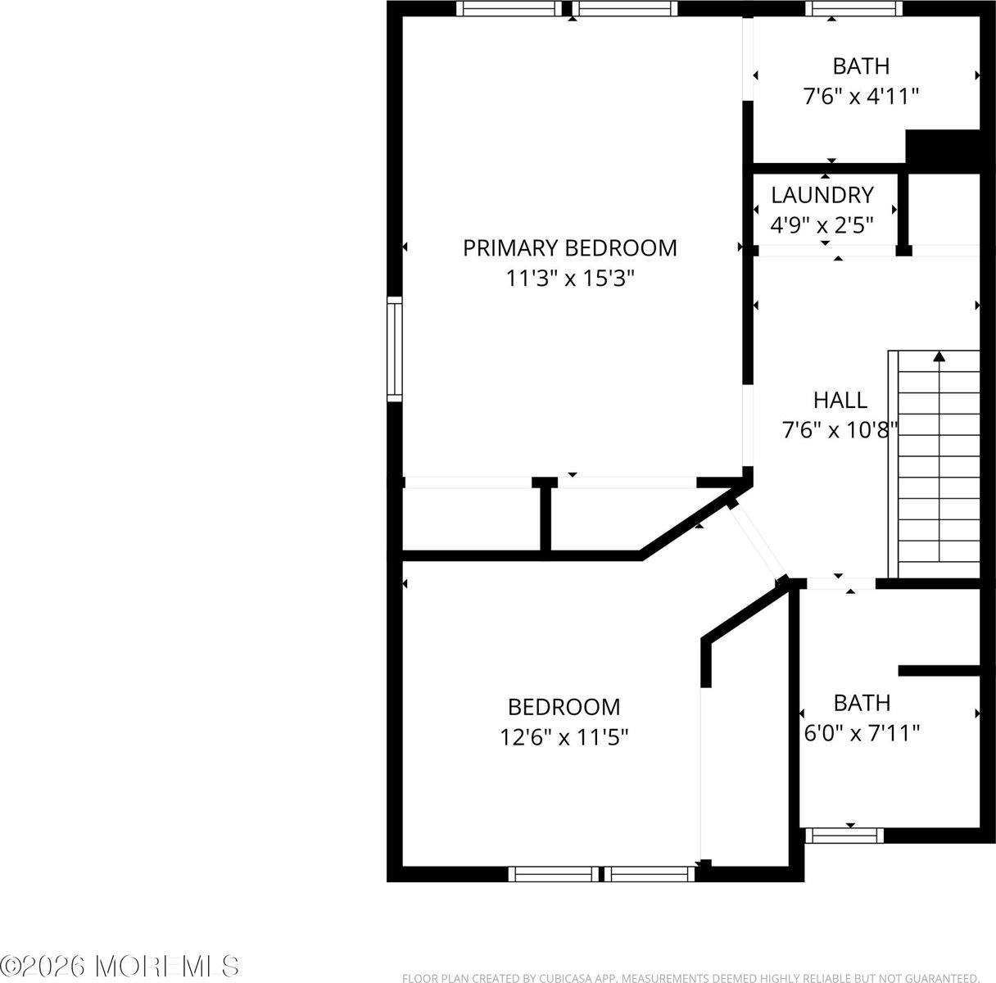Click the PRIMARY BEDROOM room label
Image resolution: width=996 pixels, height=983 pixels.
tap(570, 247)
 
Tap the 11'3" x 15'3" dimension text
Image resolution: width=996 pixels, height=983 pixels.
tap(570, 279)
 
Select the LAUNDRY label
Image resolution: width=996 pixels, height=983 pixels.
tap(822, 195)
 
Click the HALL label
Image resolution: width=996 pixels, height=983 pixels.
tap(840, 400)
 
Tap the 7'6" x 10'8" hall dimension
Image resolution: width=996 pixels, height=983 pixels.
tap(840, 429)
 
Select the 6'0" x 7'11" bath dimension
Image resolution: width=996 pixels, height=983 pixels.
tap(861, 732)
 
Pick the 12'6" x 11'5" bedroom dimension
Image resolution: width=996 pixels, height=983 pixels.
tap(564, 737)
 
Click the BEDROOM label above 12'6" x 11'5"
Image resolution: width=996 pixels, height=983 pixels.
tap(564, 706)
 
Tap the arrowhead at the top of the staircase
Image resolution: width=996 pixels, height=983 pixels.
tap(939, 356)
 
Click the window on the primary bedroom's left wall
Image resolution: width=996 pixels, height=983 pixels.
tap(395, 349)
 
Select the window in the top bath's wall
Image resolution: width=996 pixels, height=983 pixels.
tap(853, 9)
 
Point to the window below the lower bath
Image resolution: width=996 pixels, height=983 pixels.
tap(844, 836)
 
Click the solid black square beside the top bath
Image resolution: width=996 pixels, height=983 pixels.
tap(942, 150)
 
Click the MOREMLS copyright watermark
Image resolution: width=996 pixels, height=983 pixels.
tap(121, 966)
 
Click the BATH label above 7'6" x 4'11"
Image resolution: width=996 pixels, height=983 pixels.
tap(861, 66)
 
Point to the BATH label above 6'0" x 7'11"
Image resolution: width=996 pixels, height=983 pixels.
tap(862, 702)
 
